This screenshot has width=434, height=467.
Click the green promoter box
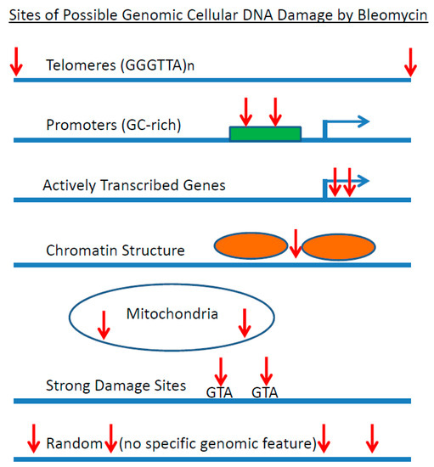click(x=264, y=133)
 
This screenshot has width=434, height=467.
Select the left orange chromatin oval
click(x=251, y=247)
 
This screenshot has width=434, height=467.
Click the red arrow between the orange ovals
click(x=295, y=244)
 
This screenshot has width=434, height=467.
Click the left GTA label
click(x=220, y=392)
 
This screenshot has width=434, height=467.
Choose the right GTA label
click(x=266, y=392)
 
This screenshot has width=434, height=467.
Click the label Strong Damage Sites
click(x=116, y=385)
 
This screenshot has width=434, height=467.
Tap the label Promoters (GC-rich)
click(x=113, y=126)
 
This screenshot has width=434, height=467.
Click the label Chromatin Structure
click(x=116, y=250)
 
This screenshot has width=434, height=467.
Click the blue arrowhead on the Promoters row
click(x=363, y=121)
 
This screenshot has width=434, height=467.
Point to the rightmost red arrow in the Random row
click(x=371, y=439)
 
